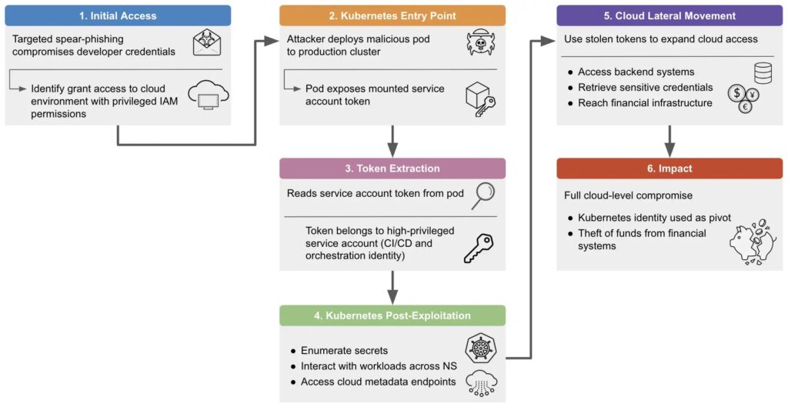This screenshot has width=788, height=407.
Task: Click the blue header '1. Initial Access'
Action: (x=118, y=15)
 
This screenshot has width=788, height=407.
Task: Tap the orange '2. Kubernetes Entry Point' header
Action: (x=392, y=15)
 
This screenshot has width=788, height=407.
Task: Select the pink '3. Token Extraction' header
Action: (x=392, y=168)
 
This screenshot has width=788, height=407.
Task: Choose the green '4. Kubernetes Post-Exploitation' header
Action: (x=392, y=315)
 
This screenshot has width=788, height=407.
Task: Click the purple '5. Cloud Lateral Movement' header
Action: (x=669, y=15)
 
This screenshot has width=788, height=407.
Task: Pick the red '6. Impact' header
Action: (x=669, y=168)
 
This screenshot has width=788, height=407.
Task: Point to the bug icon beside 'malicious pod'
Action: (x=481, y=43)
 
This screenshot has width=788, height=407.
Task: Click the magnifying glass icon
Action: (x=482, y=195)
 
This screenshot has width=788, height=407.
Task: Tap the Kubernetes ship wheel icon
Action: (x=480, y=348)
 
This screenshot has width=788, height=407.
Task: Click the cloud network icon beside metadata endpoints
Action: (x=481, y=382)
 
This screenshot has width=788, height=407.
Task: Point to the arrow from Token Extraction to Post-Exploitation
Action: (x=392, y=287)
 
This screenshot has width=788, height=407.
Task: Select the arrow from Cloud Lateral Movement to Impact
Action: (x=669, y=141)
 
